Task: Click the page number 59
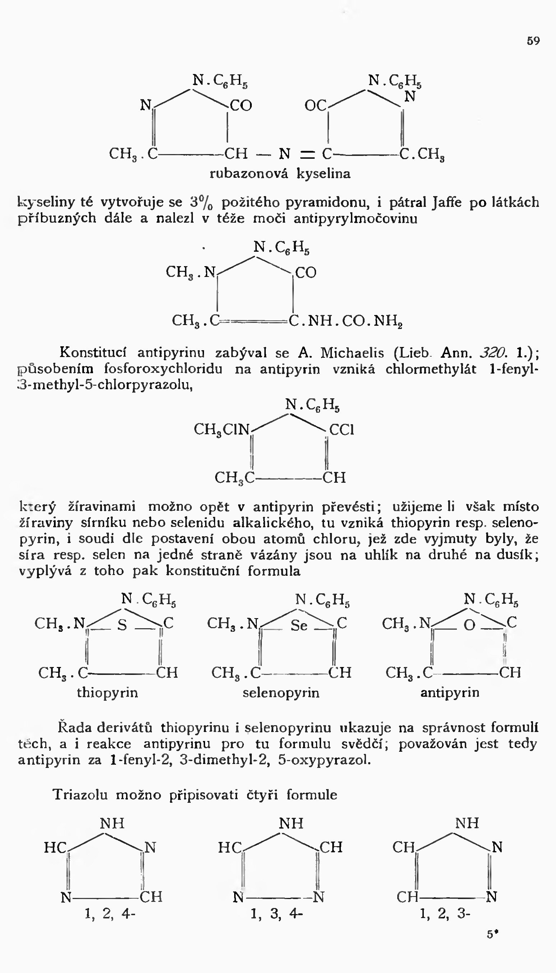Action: (x=533, y=41)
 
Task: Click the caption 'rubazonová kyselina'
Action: (x=280, y=174)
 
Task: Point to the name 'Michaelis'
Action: (x=352, y=352)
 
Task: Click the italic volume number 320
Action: (x=493, y=352)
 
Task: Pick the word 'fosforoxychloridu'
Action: (x=163, y=369)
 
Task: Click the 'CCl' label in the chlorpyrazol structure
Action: (x=342, y=430)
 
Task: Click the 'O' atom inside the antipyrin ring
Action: (x=469, y=625)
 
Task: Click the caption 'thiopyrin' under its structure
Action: (x=107, y=692)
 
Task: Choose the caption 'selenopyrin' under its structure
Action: (x=281, y=692)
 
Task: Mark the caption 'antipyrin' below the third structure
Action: (x=449, y=692)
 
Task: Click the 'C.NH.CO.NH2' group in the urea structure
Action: (x=346, y=321)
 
